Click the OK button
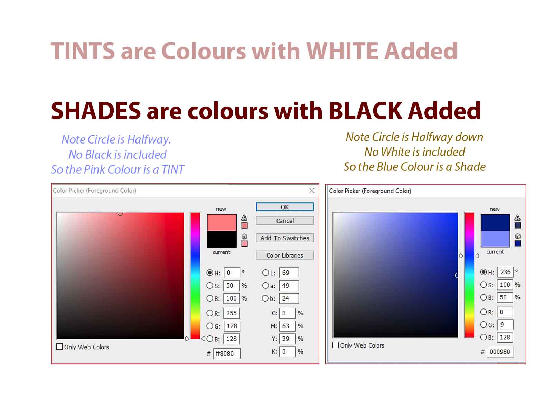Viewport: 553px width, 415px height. [x=284, y=206]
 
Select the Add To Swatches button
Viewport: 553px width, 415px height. [x=284, y=238]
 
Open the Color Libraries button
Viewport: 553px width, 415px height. [x=284, y=255]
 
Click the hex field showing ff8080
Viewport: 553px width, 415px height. [x=226, y=353]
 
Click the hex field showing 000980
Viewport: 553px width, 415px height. [x=499, y=351]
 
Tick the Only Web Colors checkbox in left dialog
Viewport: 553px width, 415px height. [x=59, y=347]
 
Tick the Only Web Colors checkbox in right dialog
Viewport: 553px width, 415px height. [x=335, y=345]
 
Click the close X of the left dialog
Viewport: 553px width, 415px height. [x=311, y=190]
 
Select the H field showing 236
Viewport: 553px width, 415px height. [x=505, y=272]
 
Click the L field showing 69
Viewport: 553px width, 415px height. [x=289, y=273]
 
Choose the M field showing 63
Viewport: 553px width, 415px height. [x=287, y=326]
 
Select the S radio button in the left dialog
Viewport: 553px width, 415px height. [x=209, y=285]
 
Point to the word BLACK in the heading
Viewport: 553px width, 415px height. [x=365, y=111]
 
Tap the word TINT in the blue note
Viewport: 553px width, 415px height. [x=173, y=169]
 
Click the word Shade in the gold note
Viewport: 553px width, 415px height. [x=470, y=167]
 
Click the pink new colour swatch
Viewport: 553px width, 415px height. [x=222, y=222]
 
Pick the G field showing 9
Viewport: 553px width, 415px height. [x=505, y=324]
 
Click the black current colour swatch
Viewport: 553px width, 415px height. [x=222, y=239]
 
